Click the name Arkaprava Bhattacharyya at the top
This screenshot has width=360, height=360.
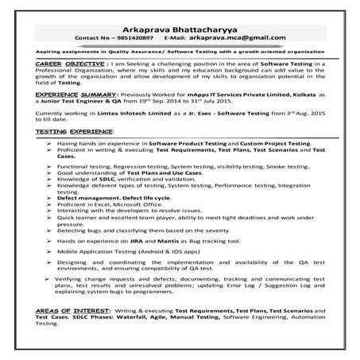tap(180, 29)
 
